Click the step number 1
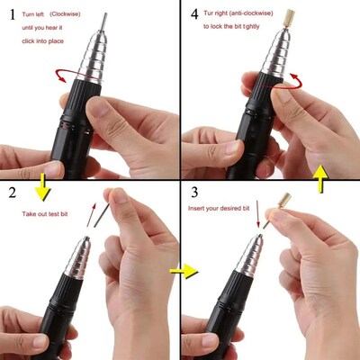12,15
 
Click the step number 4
193,14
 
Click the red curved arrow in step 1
62,76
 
